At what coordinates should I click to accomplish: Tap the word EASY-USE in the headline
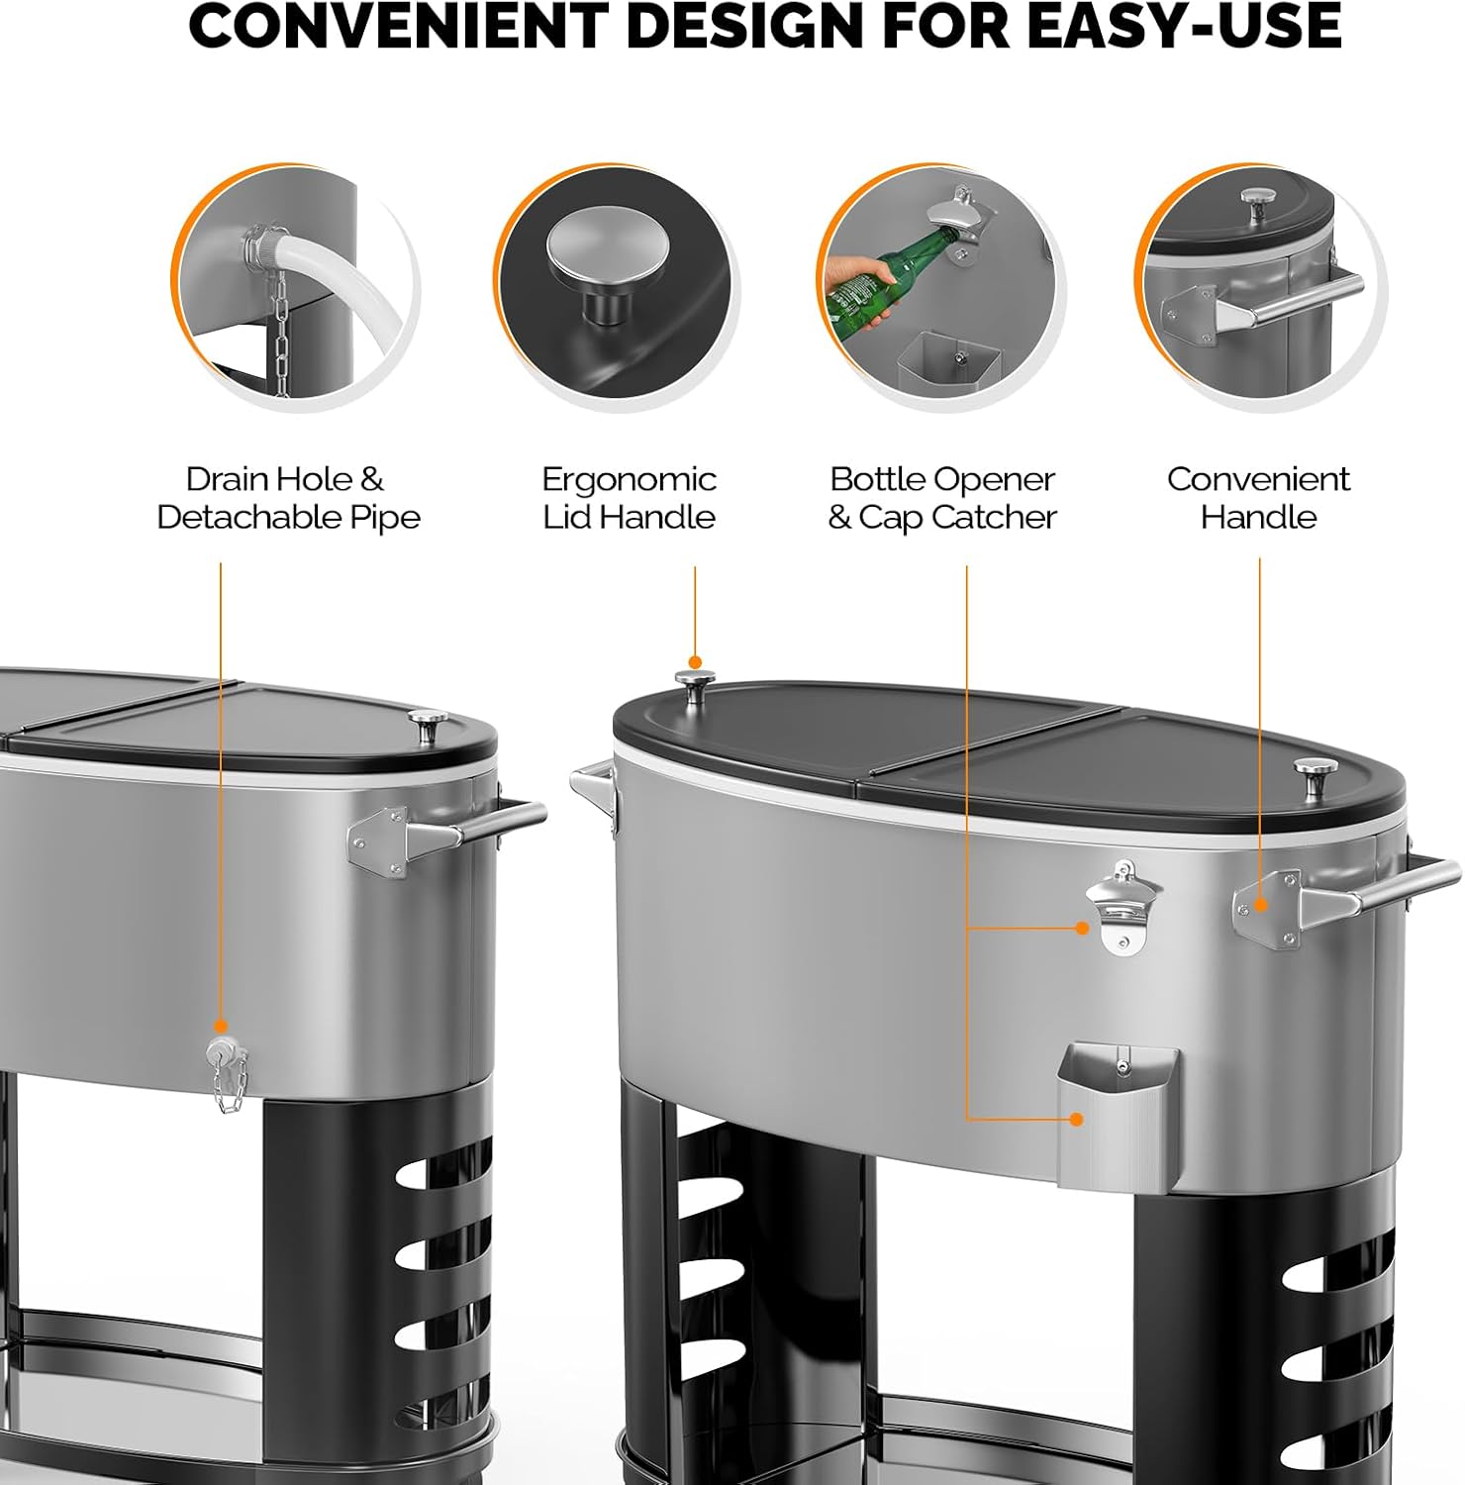(x=1184, y=27)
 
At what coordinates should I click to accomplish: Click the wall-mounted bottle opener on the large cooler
(x=1123, y=907)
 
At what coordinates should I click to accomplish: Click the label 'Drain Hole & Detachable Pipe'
(x=288, y=498)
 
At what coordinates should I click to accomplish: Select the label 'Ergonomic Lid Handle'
(x=629, y=498)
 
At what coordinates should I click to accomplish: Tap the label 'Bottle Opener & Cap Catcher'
(x=942, y=498)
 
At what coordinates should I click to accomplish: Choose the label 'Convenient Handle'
(x=1258, y=498)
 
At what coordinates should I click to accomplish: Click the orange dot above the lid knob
(x=695, y=662)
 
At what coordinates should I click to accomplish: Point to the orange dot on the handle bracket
(x=1260, y=904)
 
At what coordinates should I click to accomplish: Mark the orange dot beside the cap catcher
(x=1075, y=1119)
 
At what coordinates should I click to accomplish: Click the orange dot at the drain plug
(x=220, y=1027)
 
